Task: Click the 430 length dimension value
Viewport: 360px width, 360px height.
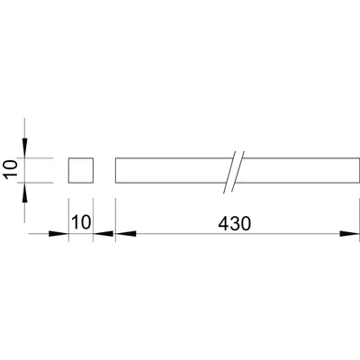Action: click(x=234, y=223)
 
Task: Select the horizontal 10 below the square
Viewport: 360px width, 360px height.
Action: click(x=81, y=222)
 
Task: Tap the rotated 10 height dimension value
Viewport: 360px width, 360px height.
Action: click(x=11, y=170)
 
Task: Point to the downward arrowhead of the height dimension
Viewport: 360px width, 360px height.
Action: click(x=24, y=148)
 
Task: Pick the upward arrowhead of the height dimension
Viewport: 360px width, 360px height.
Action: click(x=24, y=193)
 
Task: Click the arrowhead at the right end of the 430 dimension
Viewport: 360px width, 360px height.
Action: click(x=349, y=234)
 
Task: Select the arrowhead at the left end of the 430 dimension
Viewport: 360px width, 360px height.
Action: click(x=126, y=234)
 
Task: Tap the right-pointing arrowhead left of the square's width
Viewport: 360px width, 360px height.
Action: click(x=58, y=234)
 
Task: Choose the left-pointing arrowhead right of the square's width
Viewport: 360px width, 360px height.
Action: click(x=103, y=234)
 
